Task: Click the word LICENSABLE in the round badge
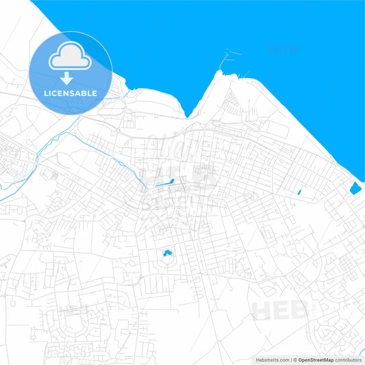[x=71, y=92]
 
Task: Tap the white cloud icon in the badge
[x=71, y=57]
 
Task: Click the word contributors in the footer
[x=349, y=360]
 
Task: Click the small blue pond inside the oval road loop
[x=166, y=254]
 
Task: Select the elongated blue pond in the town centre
[x=165, y=182]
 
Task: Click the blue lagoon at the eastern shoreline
[x=355, y=188]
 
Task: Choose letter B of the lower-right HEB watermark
[x=301, y=310]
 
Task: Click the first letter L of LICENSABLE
[x=47, y=92]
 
